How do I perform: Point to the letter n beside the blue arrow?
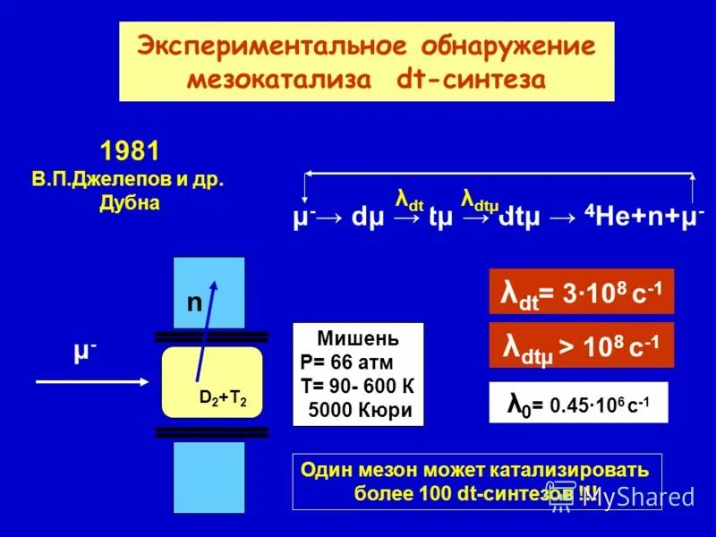click(193, 303)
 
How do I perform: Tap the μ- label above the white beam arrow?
click(86, 351)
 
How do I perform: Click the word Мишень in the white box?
click(358, 340)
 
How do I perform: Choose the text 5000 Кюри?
click(358, 410)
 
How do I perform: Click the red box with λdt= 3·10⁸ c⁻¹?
click(581, 292)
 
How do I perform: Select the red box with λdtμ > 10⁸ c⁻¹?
click(581, 345)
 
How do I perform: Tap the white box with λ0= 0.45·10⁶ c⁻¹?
click(578, 403)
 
